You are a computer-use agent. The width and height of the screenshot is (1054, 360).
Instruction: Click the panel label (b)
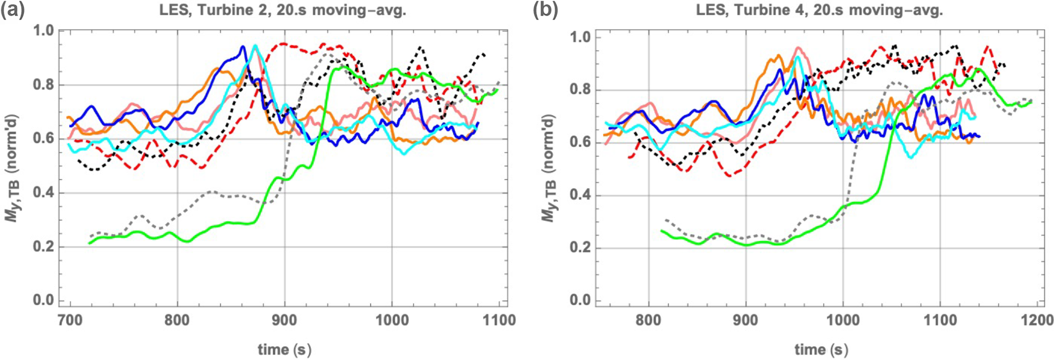pyautogui.click(x=546, y=10)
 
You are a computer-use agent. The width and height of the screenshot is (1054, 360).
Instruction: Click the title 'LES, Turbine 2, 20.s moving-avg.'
pyautogui.click(x=283, y=11)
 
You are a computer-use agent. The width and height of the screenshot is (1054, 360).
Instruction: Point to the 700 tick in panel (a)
pyautogui.click(x=70, y=321)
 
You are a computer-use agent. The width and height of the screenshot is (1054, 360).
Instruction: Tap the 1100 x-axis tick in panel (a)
pyautogui.click(x=499, y=321)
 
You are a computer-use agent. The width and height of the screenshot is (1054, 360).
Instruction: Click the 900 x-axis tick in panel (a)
pyautogui.click(x=285, y=321)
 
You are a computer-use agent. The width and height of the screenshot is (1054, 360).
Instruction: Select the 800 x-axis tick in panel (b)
pyautogui.click(x=649, y=321)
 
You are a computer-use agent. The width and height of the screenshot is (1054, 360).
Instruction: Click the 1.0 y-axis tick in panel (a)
pyautogui.click(x=43, y=31)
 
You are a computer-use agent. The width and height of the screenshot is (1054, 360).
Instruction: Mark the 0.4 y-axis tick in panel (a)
pyautogui.click(x=43, y=193)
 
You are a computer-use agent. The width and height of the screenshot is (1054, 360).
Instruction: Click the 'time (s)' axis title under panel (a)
pyautogui.click(x=284, y=349)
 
